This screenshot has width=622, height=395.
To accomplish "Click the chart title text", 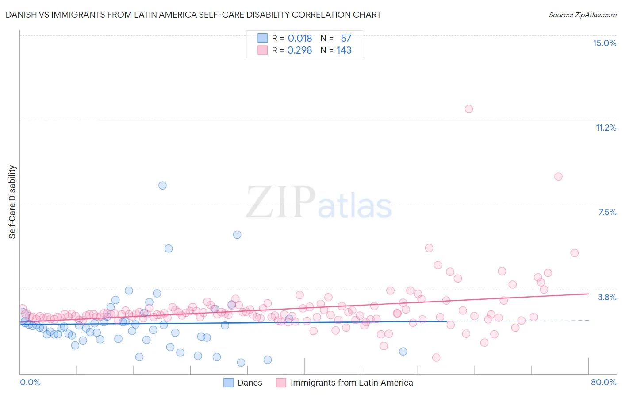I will pyautogui.click(x=193, y=15).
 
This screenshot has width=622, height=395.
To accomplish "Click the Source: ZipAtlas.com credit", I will pyautogui.click(x=582, y=15).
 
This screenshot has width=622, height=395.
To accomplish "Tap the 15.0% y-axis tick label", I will pyautogui.click(x=604, y=43).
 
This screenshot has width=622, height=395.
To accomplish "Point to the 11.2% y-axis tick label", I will pyautogui.click(x=606, y=128).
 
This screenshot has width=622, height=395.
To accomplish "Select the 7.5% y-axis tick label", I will pyautogui.click(x=607, y=212).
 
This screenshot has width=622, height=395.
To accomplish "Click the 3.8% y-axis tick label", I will pyautogui.click(x=607, y=297).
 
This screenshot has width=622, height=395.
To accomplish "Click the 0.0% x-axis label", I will pyautogui.click(x=30, y=382).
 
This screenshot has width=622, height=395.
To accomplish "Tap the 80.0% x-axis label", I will pyautogui.click(x=603, y=382).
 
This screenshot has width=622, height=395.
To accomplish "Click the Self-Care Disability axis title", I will pyautogui.click(x=12, y=202).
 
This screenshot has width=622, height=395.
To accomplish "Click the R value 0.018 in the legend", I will pyautogui.click(x=299, y=39).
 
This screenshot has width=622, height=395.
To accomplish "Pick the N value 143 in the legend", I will pyautogui.click(x=344, y=50).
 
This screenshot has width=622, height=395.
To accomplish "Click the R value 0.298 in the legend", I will pyautogui.click(x=299, y=50).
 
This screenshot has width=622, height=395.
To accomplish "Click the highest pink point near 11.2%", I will pyautogui.click(x=468, y=109).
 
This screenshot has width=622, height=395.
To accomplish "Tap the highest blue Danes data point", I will pyautogui.click(x=162, y=186).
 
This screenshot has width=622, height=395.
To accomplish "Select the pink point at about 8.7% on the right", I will pyautogui.click(x=558, y=177).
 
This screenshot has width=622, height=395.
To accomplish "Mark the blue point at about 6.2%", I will pyautogui.click(x=237, y=235).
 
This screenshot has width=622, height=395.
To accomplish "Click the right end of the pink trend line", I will pyautogui.click(x=588, y=294).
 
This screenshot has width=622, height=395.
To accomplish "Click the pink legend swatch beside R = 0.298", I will pyautogui.click(x=263, y=50).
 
